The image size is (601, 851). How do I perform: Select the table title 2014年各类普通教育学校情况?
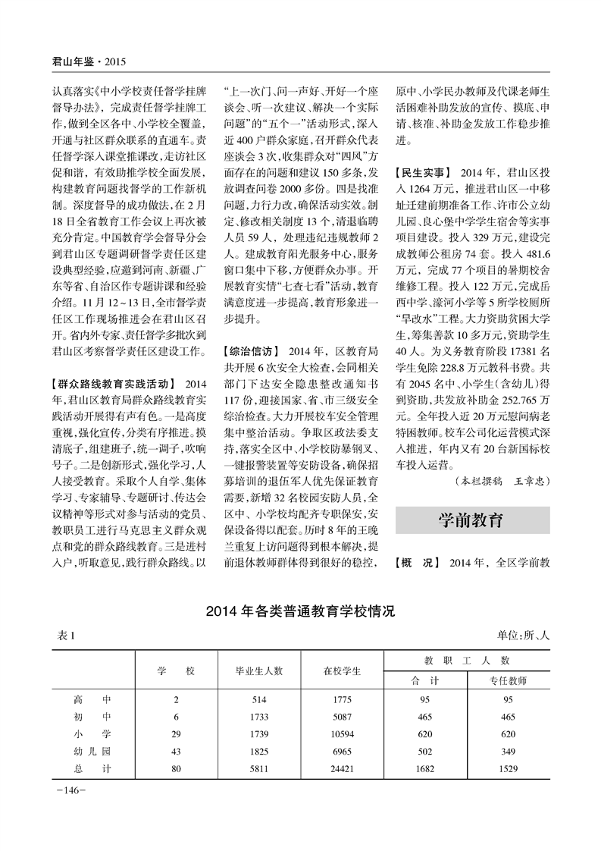301,610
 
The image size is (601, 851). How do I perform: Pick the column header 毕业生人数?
260,670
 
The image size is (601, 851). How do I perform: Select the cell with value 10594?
343,733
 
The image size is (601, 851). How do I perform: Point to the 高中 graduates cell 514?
260,699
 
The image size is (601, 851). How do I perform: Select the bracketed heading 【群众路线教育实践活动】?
110,382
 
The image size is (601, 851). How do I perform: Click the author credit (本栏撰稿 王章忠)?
501,481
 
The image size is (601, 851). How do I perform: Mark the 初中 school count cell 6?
176,716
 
